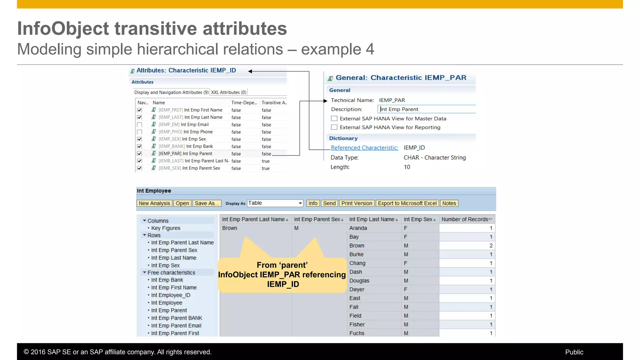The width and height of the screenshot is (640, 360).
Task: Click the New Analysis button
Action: (154, 203)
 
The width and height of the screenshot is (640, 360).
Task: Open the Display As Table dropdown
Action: (300, 203)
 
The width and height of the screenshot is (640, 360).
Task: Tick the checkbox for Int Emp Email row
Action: (139, 125)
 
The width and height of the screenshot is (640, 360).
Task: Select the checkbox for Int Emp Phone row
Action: (139, 132)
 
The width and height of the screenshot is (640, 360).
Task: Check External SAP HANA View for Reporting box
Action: (334, 127)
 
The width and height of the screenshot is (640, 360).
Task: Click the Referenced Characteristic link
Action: (364, 148)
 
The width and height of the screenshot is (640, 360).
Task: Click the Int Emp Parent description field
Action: (427, 109)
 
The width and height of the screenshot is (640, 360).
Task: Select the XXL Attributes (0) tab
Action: (228, 92)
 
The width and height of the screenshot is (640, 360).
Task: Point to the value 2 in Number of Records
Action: (491, 246)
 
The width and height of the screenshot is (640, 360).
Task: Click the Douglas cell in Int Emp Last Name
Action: (359, 281)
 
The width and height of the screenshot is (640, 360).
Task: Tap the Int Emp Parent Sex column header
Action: (317, 219)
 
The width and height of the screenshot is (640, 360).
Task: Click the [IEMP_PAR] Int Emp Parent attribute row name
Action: (185, 154)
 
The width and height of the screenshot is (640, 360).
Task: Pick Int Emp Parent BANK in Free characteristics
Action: (177, 318)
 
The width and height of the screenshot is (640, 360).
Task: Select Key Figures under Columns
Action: (166, 228)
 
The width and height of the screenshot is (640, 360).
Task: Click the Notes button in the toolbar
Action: (449, 203)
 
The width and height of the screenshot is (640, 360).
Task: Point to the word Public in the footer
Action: (574, 352)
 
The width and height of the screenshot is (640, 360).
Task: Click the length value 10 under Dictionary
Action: (407, 167)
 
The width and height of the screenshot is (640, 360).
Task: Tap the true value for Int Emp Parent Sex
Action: (266, 168)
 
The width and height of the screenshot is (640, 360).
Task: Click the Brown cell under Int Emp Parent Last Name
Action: (230, 228)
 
